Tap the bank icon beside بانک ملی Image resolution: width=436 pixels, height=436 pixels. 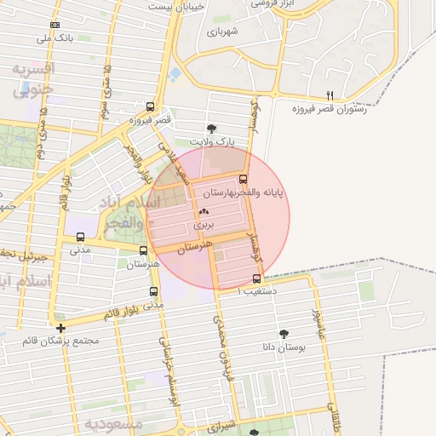pos(56,25)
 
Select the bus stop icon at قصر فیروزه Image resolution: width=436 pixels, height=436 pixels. pos(151,107)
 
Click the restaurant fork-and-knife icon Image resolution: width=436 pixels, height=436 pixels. pos(330,95)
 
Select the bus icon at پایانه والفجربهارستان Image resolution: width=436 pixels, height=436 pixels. pos(244,180)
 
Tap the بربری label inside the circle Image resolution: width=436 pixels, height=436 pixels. pos(205,226)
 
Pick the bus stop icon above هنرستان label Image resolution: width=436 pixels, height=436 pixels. pos(142,250)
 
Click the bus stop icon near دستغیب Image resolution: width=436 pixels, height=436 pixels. pos(257,278)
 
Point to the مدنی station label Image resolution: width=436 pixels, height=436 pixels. pos(78,250)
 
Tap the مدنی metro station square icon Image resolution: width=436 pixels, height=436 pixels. pos(80,237)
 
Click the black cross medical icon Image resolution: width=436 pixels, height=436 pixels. pos(60,328)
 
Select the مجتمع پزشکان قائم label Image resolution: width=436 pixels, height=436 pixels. pos(62,341)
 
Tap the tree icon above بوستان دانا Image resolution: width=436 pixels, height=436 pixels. pos(283,335)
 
